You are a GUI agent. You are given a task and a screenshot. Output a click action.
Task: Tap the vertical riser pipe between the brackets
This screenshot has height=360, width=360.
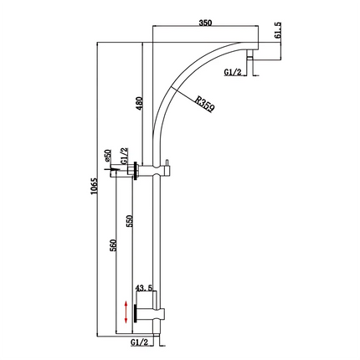click(156, 243)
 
